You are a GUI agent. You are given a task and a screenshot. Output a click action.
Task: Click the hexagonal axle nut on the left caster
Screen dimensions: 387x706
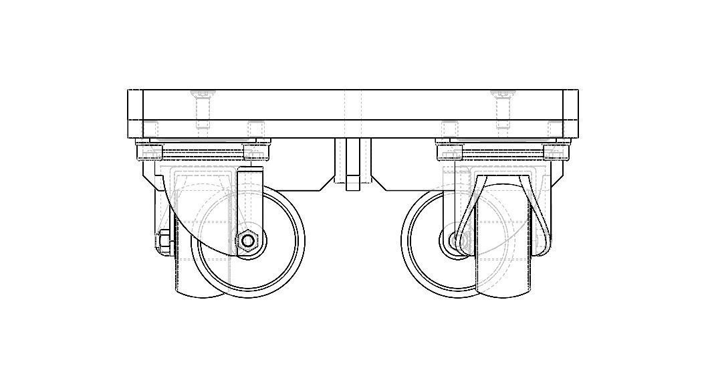[x=248, y=240]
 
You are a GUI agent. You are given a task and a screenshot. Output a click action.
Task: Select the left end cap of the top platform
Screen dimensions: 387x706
[x=135, y=113]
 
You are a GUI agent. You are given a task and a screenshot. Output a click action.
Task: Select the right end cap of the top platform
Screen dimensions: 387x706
[x=570, y=113]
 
